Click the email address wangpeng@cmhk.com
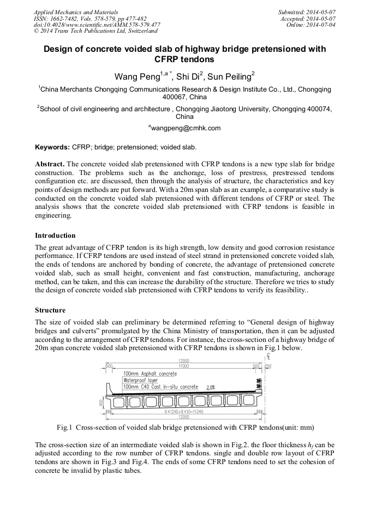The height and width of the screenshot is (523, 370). pyautogui.click(x=186, y=128)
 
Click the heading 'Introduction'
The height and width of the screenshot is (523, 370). pyautogui.click(x=55, y=236)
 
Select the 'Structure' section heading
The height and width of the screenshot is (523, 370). pyautogui.click(x=50, y=310)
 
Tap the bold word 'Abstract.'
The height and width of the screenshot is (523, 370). pyautogui.click(x=50, y=164)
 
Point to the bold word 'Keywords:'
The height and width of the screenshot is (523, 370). pyautogui.click(x=52, y=147)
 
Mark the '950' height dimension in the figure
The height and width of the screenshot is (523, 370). pyautogui.click(x=102, y=403)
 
